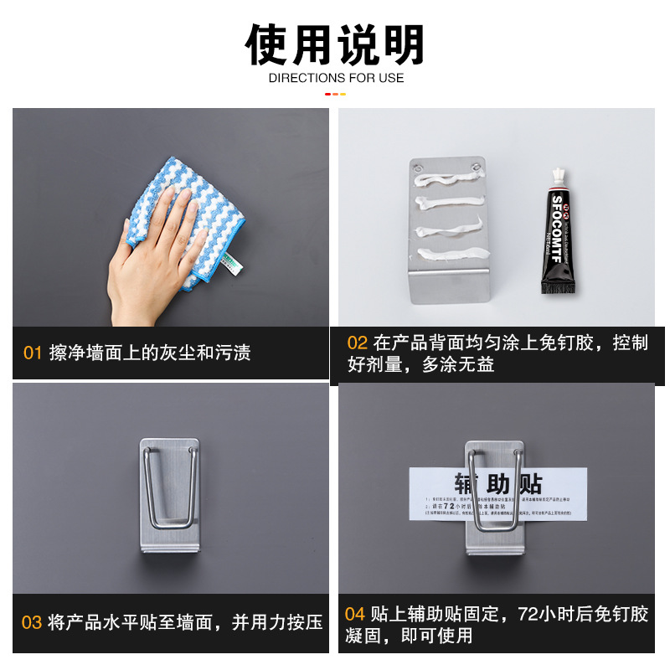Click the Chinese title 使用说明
[335, 44]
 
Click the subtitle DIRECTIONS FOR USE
[335, 78]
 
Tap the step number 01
[32, 353]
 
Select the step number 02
[358, 343]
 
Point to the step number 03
[31, 622]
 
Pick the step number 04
[355, 615]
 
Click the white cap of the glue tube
[556, 176]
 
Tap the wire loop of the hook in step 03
[171, 494]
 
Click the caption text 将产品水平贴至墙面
[134, 622]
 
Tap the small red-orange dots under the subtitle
[335, 94]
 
